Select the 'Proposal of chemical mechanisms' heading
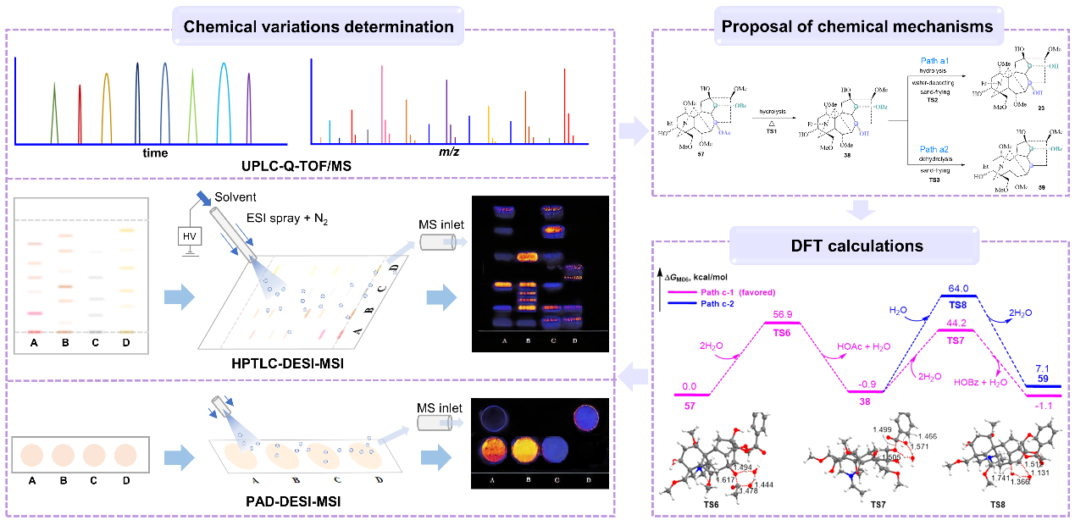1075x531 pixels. coord(857,26)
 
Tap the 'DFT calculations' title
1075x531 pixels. coord(857,246)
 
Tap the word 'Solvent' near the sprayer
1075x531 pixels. coord(237,196)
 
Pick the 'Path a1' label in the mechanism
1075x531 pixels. coord(928,61)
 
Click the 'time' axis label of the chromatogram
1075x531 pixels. coord(155,153)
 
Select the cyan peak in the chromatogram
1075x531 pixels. coord(223,102)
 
